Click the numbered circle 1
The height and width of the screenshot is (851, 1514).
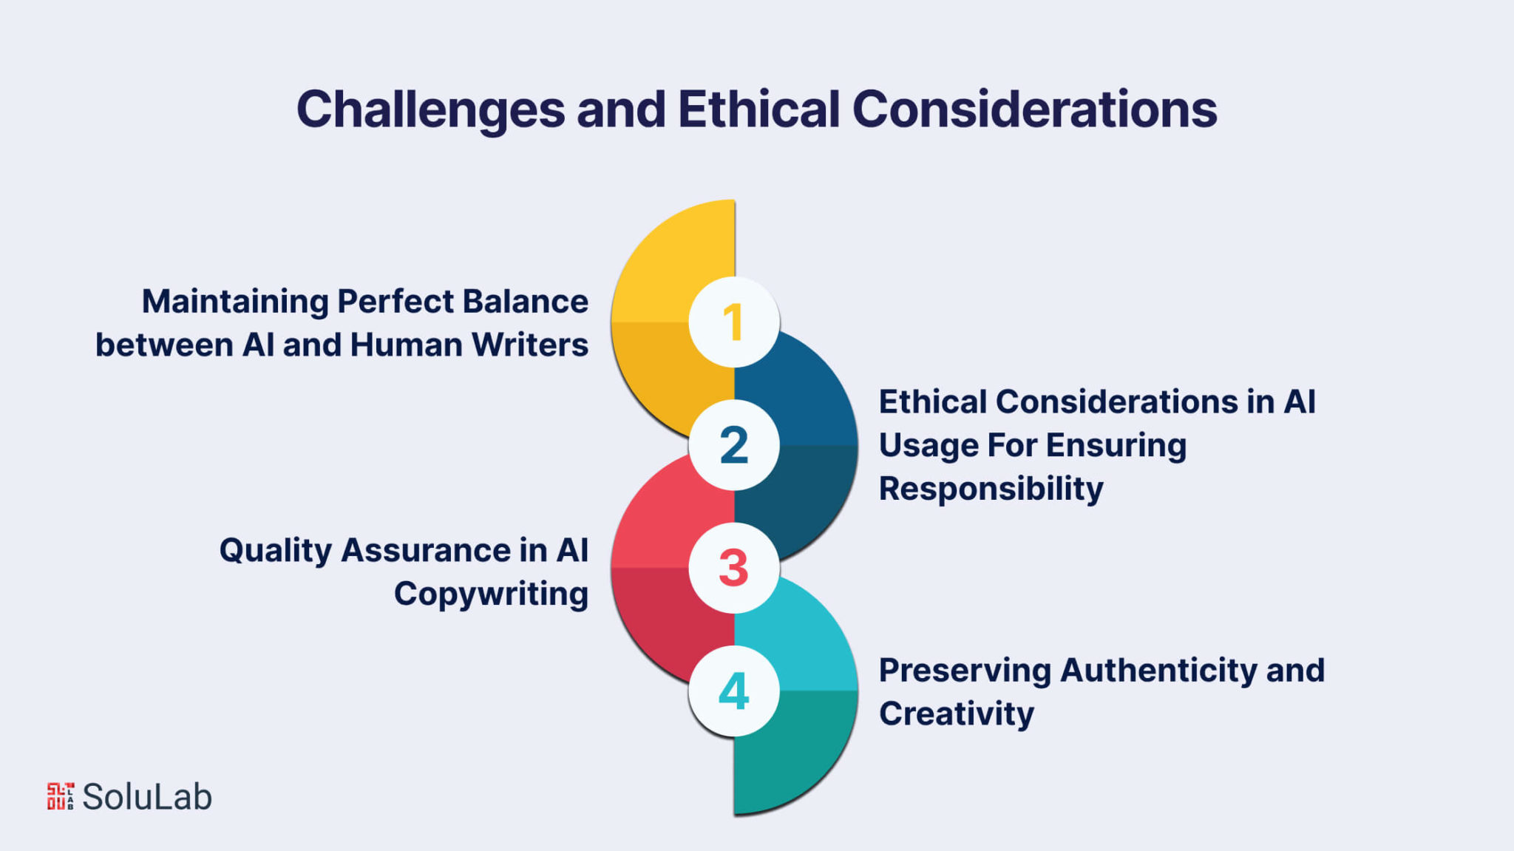pyautogui.click(x=733, y=322)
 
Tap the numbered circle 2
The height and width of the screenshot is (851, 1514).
pyautogui.click(x=733, y=445)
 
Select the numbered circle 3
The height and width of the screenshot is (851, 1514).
pyautogui.click(x=733, y=568)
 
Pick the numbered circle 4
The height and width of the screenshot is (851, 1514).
pyautogui.click(x=733, y=691)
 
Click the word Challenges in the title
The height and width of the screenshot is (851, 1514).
pyautogui.click(x=431, y=110)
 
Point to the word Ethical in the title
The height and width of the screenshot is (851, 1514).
pyautogui.click(x=758, y=109)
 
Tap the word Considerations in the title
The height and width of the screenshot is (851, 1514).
pyautogui.click(x=1035, y=109)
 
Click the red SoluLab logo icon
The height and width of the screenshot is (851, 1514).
pyautogui.click(x=61, y=796)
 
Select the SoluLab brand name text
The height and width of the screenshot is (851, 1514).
pyautogui.click(x=147, y=797)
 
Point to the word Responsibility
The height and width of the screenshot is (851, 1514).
pyautogui.click(x=991, y=489)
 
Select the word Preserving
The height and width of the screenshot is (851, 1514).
pyautogui.click(x=965, y=671)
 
